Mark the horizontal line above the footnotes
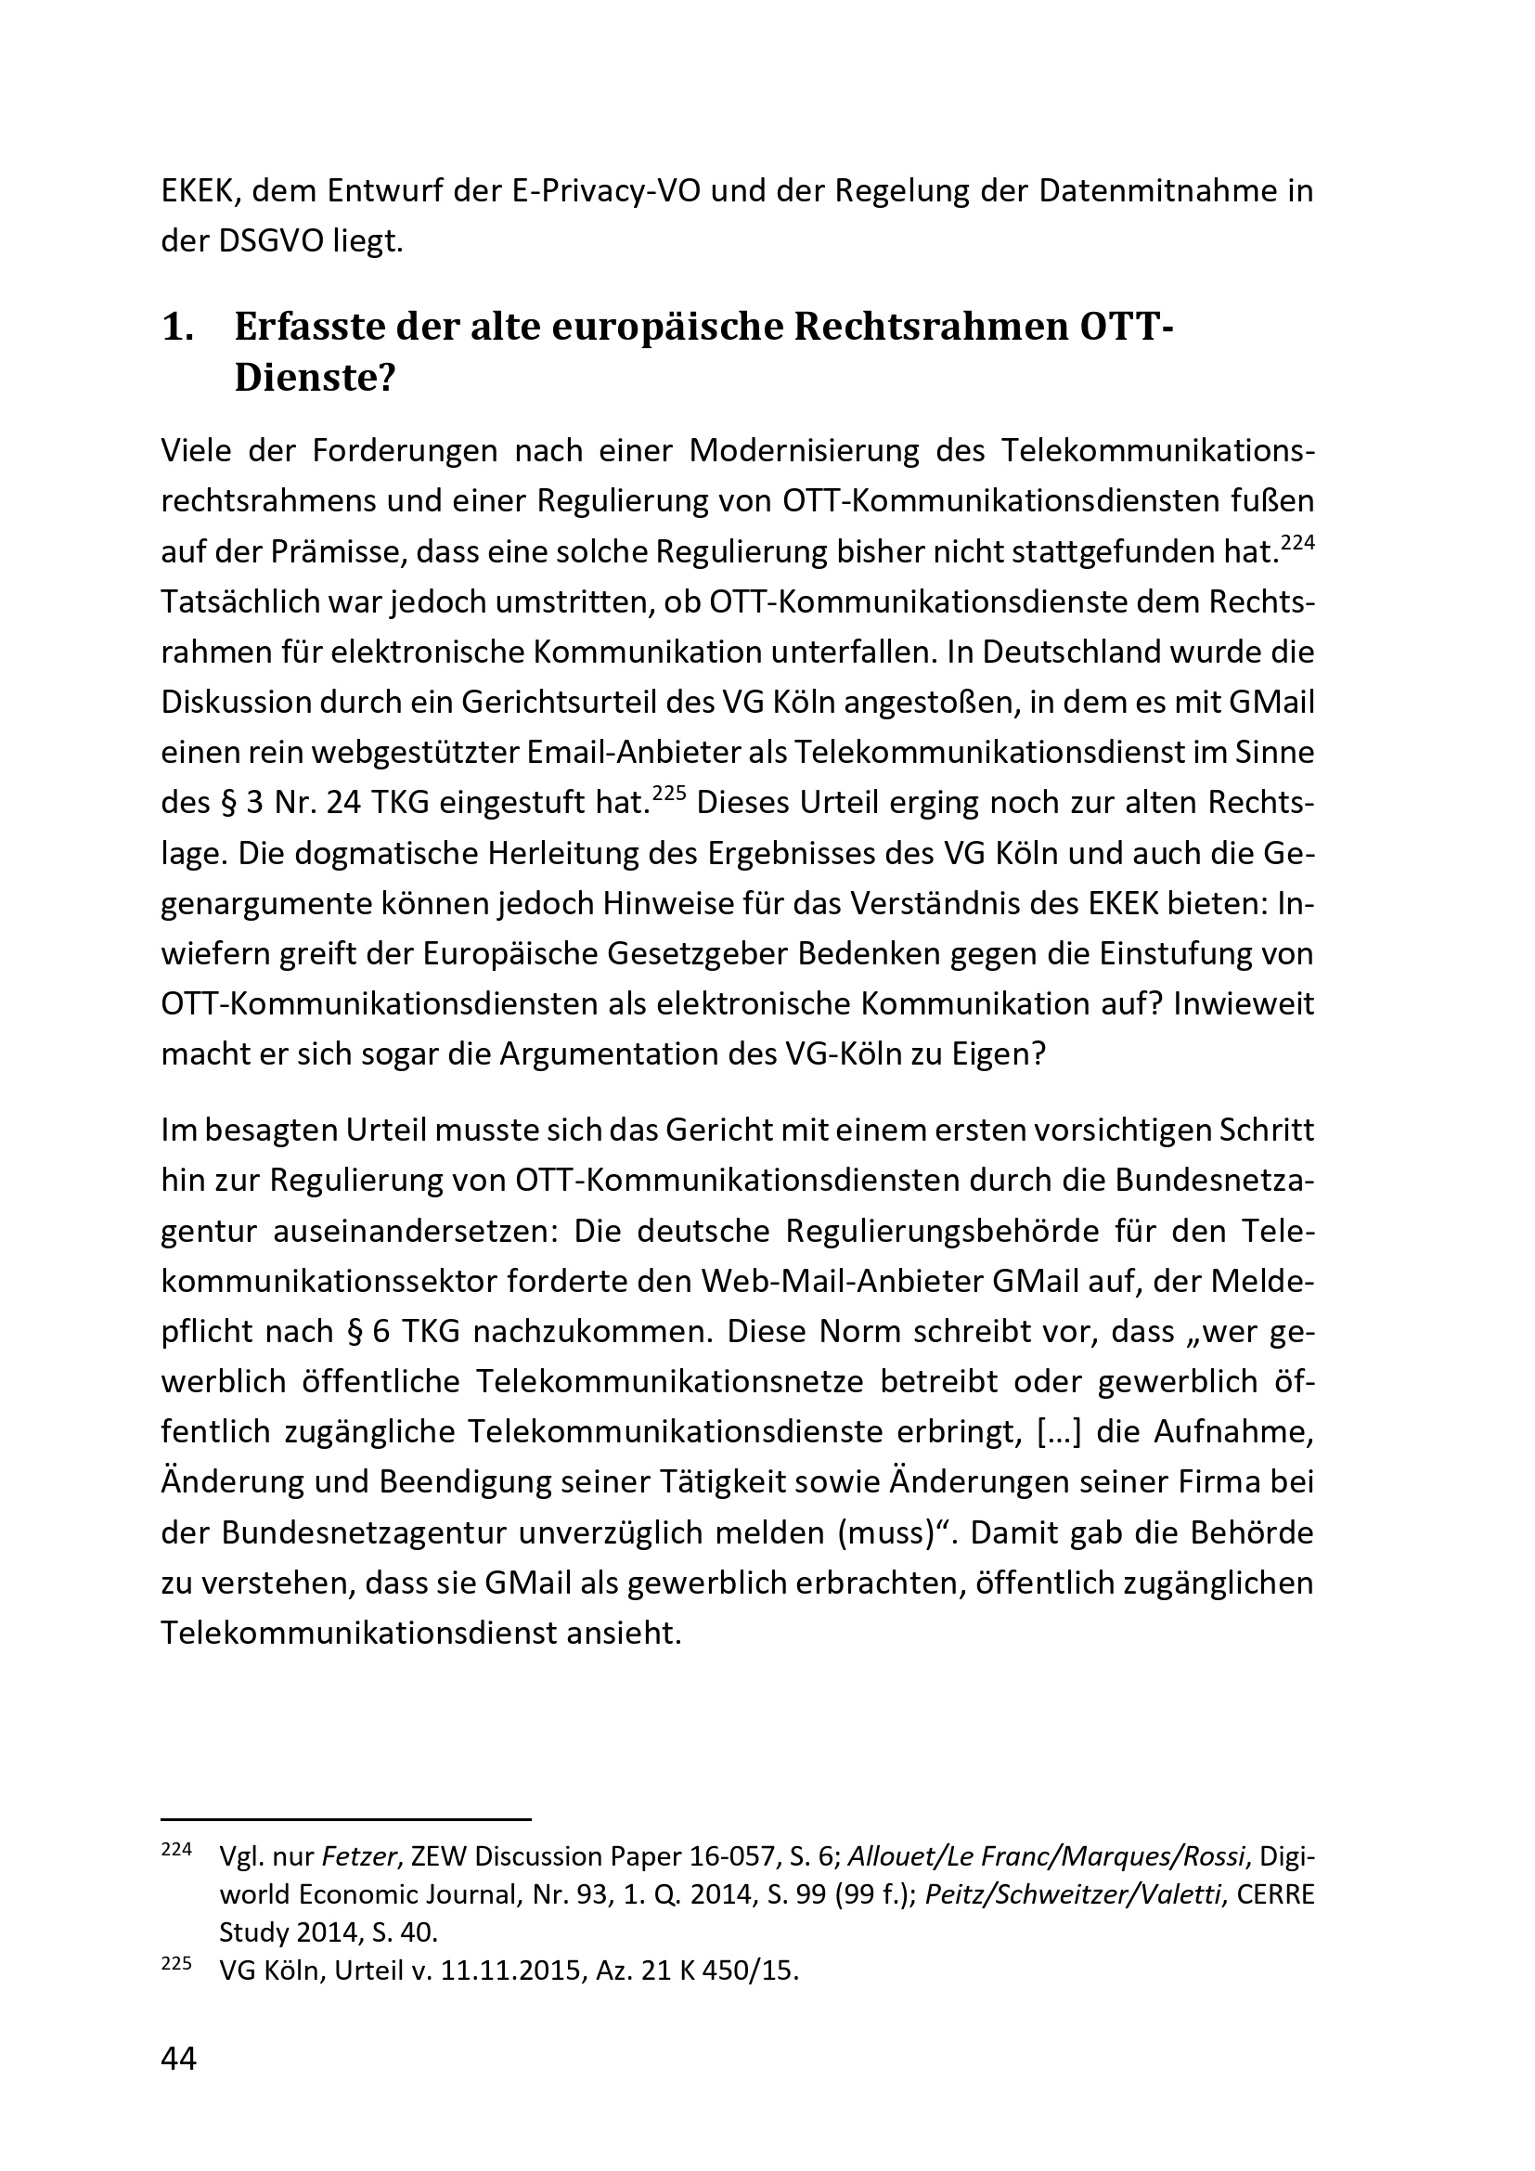point(347,1817)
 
